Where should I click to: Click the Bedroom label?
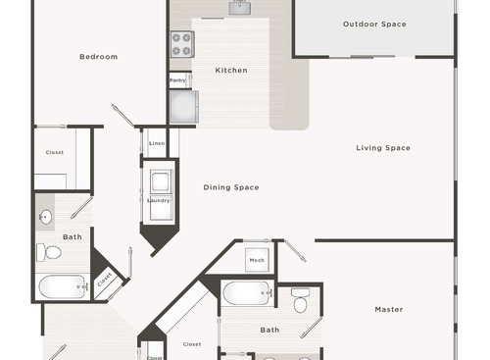pos(98,57)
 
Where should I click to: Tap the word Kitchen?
pos(231,71)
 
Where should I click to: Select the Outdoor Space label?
pos(374,25)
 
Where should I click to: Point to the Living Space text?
pos(382,148)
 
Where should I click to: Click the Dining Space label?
pos(231,187)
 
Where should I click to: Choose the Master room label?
pos(388,310)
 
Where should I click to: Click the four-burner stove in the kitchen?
pos(182,44)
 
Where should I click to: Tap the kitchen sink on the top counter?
pos(240,8)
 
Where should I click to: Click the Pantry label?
pos(178,80)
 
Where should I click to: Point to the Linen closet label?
pos(157,143)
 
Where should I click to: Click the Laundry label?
pos(159,200)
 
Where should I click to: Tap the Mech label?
pos(257,260)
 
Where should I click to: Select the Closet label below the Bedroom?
pos(55,152)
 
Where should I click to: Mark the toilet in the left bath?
pos(50,253)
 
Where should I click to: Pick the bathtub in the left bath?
pos(64,287)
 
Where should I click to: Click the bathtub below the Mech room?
pos(246,293)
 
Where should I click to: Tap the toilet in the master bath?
pos(300,302)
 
